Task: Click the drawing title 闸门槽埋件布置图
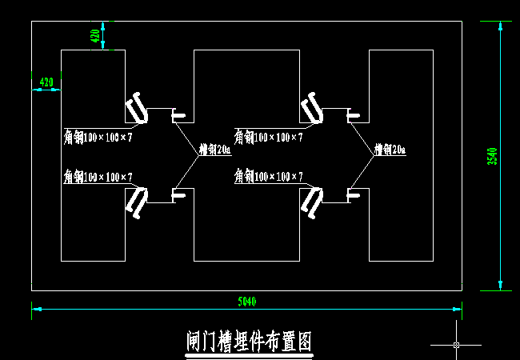248,342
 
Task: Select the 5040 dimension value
247,302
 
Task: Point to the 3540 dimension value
492,156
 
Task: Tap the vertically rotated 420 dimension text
95,36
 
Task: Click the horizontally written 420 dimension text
46,82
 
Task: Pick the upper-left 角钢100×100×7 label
98,138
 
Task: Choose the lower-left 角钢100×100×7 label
98,176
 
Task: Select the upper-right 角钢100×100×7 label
269,138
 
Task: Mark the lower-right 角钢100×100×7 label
269,176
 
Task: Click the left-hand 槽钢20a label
214,150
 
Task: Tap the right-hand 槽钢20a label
390,150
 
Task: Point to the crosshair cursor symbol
456,345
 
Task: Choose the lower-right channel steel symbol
353,193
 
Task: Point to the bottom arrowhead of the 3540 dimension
500,285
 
